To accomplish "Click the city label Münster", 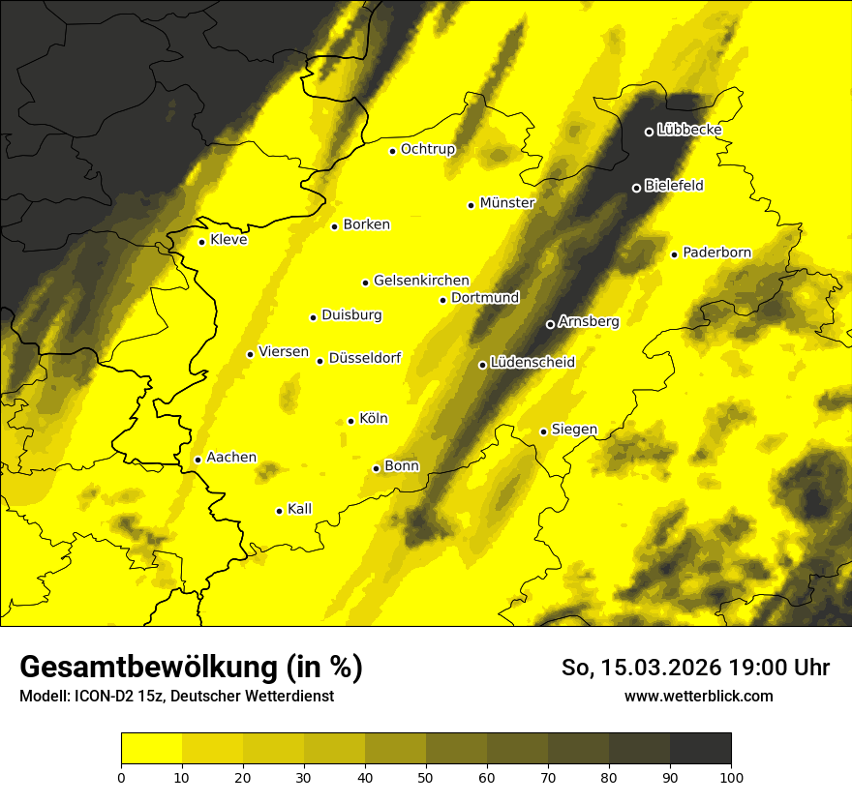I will (x=507, y=203).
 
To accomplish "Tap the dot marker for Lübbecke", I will (x=650, y=132).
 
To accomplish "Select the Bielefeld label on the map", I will (x=674, y=186).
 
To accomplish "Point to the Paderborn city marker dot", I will (x=675, y=254).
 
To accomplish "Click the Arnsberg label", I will (x=589, y=321).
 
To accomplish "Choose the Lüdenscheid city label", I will (x=532, y=363).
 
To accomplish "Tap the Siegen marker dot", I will (x=544, y=431).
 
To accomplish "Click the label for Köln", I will (x=374, y=419).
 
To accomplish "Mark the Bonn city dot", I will (x=377, y=468).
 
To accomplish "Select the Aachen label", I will (x=231, y=458).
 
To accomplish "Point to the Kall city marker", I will (x=280, y=511).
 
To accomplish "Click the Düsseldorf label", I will (x=365, y=358).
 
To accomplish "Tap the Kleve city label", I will (x=228, y=240).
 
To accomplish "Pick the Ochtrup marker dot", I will (x=393, y=151).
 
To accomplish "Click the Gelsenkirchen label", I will (x=421, y=281).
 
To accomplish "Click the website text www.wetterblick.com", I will (x=699, y=696).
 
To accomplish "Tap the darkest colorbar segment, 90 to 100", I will (x=700, y=749).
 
